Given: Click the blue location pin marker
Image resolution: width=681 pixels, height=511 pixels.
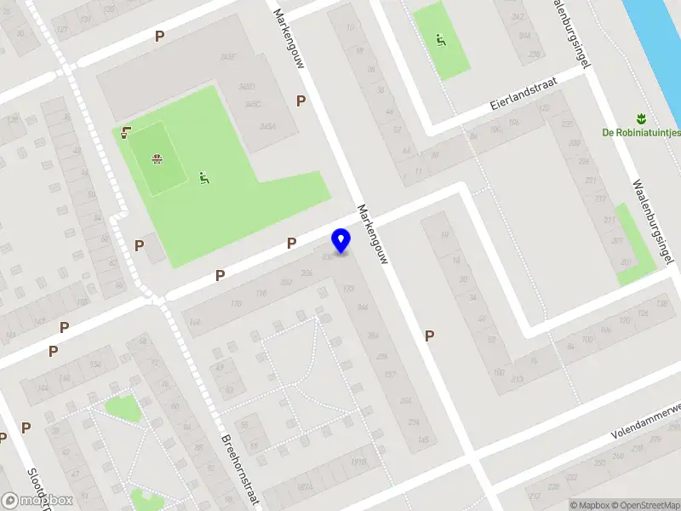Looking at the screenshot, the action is [x=341, y=240].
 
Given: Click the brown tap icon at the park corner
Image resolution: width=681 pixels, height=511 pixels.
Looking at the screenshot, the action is [x=126, y=131].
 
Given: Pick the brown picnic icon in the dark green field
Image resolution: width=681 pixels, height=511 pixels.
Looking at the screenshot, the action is [x=157, y=158].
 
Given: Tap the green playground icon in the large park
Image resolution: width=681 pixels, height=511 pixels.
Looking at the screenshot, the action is [x=203, y=178].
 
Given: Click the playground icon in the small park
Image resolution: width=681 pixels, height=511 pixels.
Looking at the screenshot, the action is [x=439, y=38].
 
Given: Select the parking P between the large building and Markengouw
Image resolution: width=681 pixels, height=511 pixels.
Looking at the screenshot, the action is [x=300, y=100].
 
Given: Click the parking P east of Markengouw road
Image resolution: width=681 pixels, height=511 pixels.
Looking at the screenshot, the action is [x=430, y=336].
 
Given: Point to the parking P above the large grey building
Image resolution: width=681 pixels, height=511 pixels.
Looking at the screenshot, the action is [x=159, y=36].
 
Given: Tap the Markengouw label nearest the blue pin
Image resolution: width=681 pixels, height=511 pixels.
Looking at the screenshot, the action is [x=372, y=233].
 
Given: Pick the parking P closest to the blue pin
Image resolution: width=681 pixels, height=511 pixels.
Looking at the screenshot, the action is [x=291, y=244].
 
